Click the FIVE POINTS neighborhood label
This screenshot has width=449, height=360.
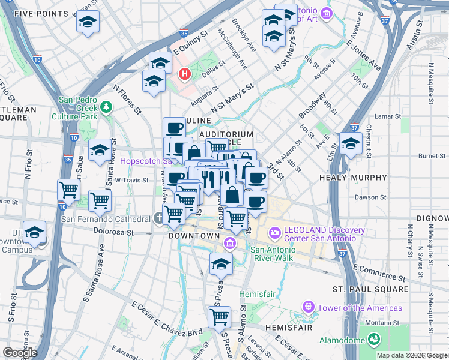tap(32, 13)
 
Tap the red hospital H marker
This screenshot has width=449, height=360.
tap(185, 74)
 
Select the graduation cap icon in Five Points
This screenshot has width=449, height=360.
tap(88, 23)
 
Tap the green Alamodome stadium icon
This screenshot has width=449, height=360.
tap(374, 340)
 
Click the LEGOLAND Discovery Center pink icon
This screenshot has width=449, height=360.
tap(275, 232)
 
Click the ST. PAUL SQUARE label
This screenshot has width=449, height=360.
tap(370, 289)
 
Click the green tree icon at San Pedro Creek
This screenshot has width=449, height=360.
tap(107, 107)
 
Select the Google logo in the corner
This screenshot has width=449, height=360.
tap(20, 353)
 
